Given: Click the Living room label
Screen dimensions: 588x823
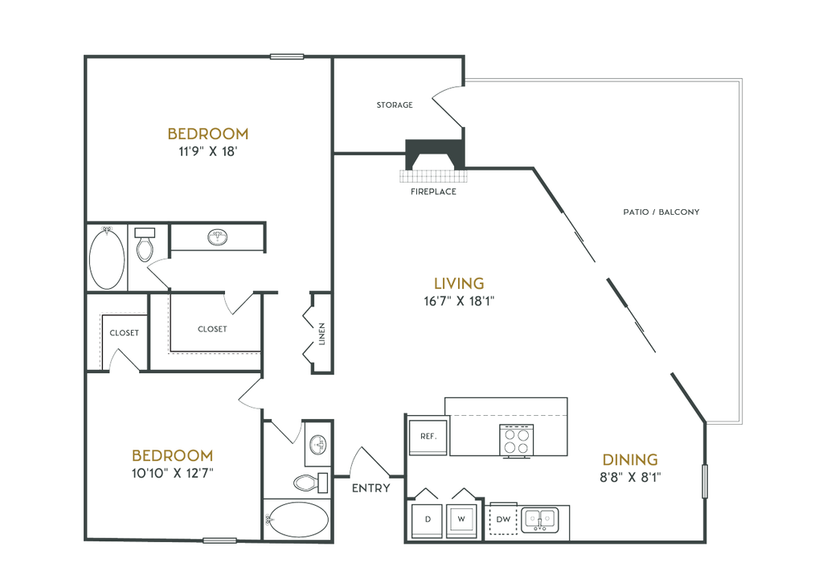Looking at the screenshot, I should (459, 283).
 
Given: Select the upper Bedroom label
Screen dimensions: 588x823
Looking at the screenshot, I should (208, 133).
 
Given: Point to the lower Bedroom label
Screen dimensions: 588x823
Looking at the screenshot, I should (174, 454).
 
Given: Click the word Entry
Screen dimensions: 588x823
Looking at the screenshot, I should (371, 487).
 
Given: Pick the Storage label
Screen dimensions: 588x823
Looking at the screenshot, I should (395, 105).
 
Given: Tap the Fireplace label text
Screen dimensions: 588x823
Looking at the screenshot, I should (434, 192).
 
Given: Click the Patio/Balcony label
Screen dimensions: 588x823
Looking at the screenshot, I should (661, 212).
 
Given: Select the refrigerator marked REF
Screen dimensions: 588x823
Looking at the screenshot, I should (428, 437).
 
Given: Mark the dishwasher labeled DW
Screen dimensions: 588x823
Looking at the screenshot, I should (503, 520).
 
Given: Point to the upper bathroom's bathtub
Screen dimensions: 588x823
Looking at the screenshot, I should (108, 257).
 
